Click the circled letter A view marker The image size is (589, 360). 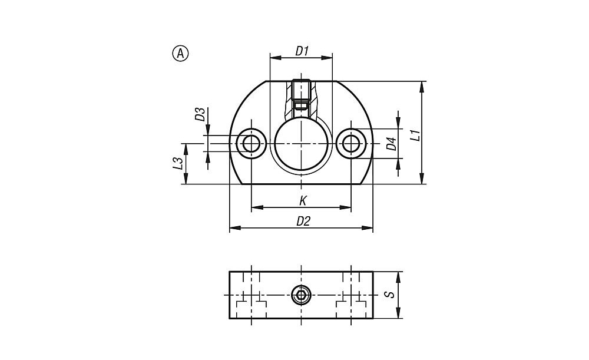[180, 54]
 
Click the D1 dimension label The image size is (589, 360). [302, 51]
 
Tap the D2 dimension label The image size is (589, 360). [303, 222]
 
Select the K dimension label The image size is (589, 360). [303, 201]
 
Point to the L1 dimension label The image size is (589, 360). [415, 136]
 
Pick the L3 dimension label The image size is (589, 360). [178, 163]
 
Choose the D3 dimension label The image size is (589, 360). [200, 114]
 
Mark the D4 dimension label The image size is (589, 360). [392, 144]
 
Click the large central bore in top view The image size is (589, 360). [301, 143]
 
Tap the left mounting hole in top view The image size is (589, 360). [252, 144]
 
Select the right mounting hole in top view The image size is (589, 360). [351, 144]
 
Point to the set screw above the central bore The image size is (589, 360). [301, 94]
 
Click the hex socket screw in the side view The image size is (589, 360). [301, 295]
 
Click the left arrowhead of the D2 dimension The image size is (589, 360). [235, 227]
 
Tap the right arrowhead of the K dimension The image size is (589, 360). [346, 207]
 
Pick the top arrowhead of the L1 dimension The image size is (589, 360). [422, 87]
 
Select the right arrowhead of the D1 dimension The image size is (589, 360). [327, 58]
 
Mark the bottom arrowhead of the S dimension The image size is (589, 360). [399, 313]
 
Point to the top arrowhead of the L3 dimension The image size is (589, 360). [185, 149]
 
